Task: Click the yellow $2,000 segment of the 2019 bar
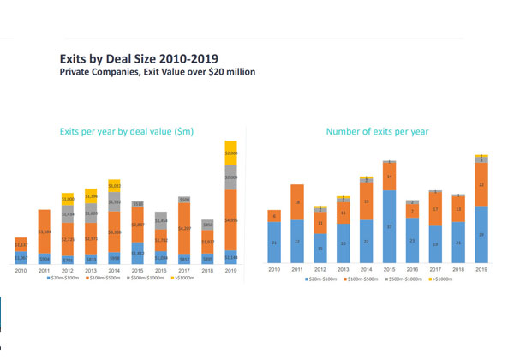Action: [230, 153]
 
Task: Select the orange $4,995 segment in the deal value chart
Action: [230, 220]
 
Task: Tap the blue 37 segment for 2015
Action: [389, 227]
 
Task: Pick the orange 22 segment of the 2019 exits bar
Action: [481, 183]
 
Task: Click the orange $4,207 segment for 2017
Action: [183, 228]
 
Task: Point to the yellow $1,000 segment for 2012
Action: [68, 199]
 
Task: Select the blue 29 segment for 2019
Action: [481, 235]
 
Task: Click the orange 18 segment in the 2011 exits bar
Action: [296, 202]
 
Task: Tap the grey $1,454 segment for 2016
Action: [160, 221]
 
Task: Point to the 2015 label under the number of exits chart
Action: [389, 270]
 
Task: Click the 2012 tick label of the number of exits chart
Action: [320, 270]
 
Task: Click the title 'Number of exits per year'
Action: [377, 132]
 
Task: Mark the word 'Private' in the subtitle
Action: [75, 72]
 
